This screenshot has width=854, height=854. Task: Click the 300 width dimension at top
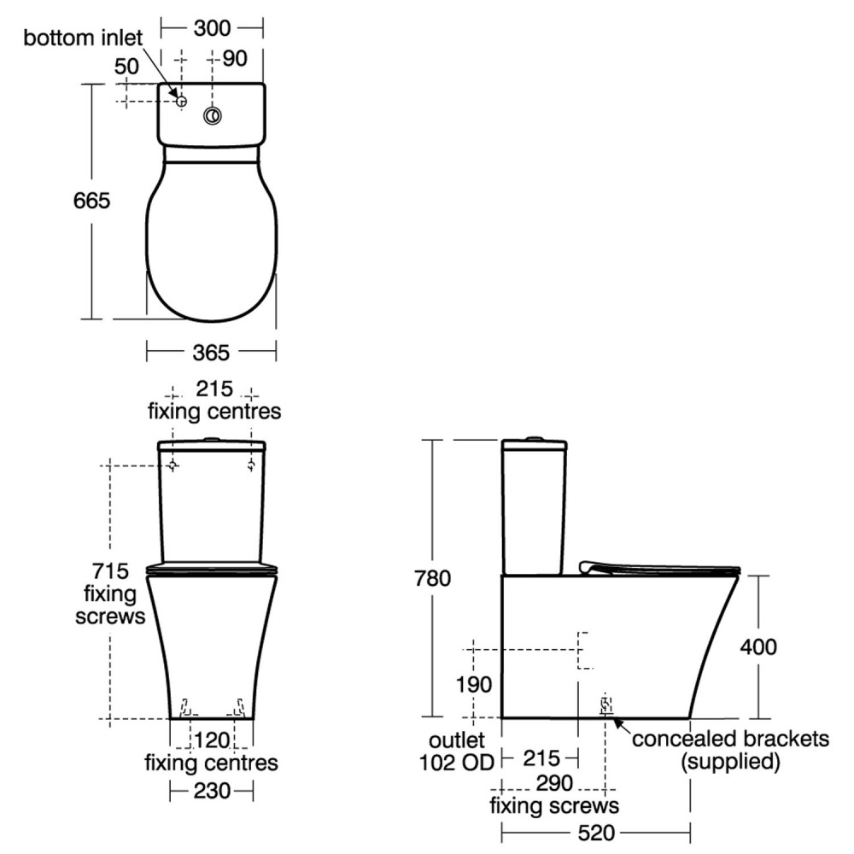(x=211, y=28)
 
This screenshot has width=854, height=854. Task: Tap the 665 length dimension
(x=92, y=202)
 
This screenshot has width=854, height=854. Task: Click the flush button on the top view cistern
(x=212, y=116)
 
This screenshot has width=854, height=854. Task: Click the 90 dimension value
(x=235, y=59)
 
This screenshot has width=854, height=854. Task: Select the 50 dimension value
(x=126, y=67)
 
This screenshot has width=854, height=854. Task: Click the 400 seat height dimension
(x=757, y=646)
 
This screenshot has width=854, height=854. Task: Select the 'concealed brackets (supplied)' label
(x=730, y=750)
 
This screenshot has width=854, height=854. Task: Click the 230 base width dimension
(x=211, y=792)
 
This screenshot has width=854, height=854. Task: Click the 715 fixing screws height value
(x=110, y=570)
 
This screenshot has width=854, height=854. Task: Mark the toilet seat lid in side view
(x=658, y=567)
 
